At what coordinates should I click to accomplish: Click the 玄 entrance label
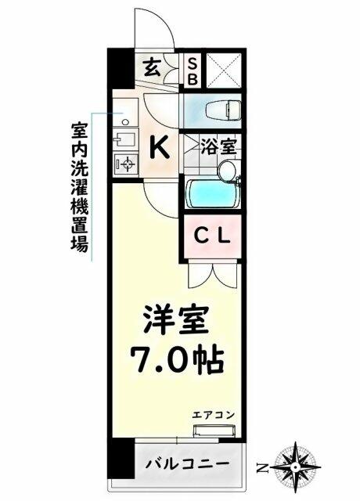click(x=152, y=68)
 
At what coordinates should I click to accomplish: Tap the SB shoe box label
click(x=193, y=71)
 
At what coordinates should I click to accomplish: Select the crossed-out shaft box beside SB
click(x=224, y=70)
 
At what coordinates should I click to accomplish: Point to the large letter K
click(x=160, y=147)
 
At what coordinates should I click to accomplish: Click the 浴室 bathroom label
click(x=219, y=147)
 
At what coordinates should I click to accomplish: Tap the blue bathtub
click(x=213, y=194)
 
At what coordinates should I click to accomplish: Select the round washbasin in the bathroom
click(x=229, y=171)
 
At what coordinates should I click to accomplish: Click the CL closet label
click(x=212, y=236)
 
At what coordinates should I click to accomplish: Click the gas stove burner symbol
click(x=128, y=164)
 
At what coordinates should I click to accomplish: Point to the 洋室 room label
click(x=175, y=320)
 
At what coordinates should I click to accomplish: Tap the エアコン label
click(x=214, y=416)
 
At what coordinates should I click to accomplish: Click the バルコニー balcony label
click(x=188, y=463)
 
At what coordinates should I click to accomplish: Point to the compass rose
click(x=297, y=467)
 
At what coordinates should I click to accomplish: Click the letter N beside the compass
click(x=263, y=468)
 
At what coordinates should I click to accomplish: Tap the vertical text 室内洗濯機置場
click(x=79, y=188)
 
